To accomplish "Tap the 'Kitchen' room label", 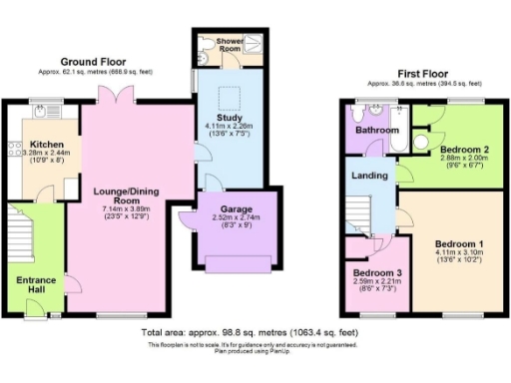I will coord(47,145).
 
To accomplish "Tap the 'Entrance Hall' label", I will coord(37,286).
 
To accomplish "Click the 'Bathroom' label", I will coord(380,131).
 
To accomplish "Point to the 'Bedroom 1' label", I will coord(460,243).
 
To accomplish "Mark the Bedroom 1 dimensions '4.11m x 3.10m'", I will coord(460,253).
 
